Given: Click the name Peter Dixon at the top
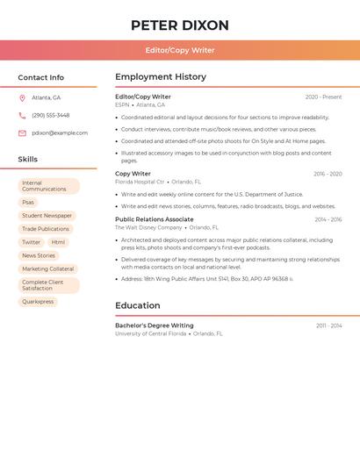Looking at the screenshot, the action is (x=179, y=25).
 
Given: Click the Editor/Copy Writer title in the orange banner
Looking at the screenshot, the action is (x=179, y=50).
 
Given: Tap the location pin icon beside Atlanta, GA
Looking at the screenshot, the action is (x=22, y=98).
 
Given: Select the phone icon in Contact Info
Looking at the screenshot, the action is (x=22, y=115).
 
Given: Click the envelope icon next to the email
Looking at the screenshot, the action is (x=22, y=132).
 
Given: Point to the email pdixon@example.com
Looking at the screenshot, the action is (x=60, y=132).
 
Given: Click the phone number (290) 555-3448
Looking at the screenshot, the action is (x=50, y=115).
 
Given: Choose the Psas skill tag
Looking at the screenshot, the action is (x=28, y=202).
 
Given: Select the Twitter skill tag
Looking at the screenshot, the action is (x=31, y=242).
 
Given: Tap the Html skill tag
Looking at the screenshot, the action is (x=58, y=242).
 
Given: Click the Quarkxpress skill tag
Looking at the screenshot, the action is (x=38, y=302).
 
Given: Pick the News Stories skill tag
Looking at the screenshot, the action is (x=39, y=255).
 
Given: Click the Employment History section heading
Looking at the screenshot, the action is (x=161, y=77).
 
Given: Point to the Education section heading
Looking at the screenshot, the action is (x=137, y=305).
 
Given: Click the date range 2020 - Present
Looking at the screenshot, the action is (x=323, y=97).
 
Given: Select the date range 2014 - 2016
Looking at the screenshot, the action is (x=328, y=219).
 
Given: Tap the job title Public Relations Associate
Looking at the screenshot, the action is (x=155, y=219).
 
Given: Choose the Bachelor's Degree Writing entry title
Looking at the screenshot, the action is (x=155, y=325).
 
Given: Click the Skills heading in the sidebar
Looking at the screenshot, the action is (x=28, y=160).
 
